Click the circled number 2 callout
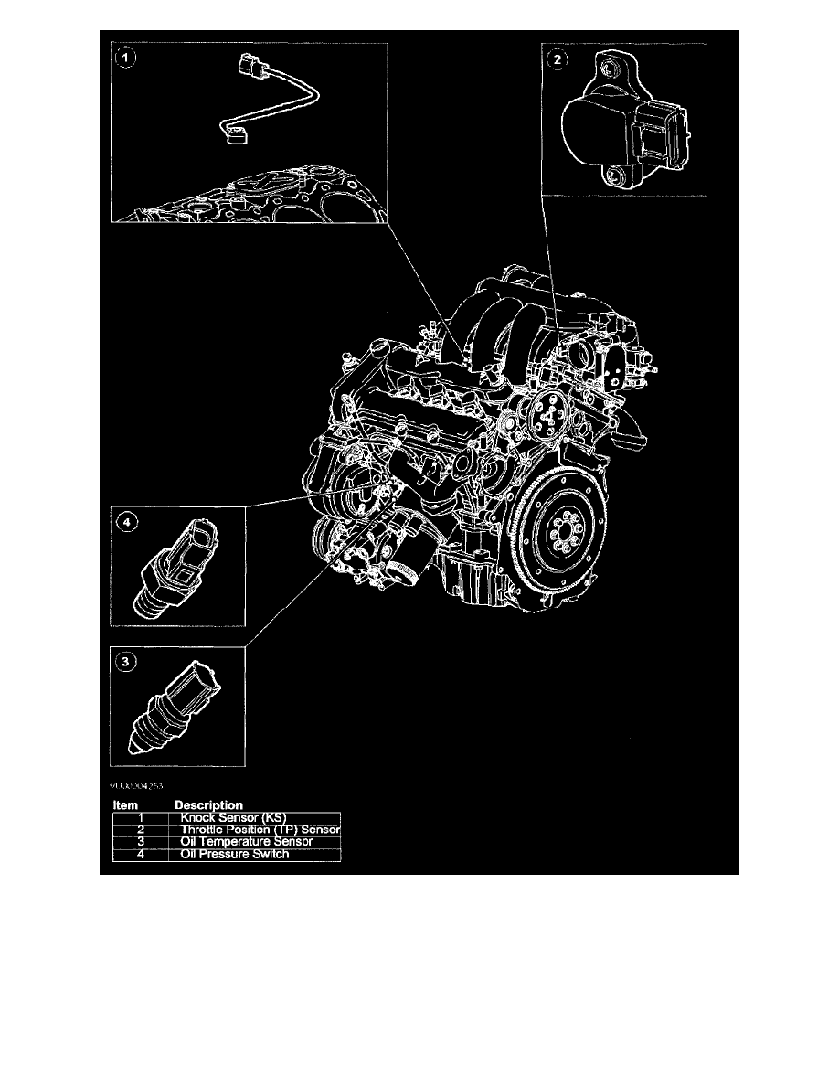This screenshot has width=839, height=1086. coord(557,60)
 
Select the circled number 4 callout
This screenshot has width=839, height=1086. coord(127,522)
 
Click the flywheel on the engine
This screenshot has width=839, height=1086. coord(558,534)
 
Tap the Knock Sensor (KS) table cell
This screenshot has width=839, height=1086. coord(255,818)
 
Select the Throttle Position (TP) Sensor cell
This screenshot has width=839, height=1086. coord(255,830)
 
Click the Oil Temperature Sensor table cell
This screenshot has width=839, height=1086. coord(255,842)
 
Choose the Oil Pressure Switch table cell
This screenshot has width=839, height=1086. coord(255,854)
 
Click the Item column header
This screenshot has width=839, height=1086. coord(125,805)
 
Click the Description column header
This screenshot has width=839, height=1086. coord(208,805)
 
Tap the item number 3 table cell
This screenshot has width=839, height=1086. coord(141,842)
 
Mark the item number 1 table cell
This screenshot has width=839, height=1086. coord(141,818)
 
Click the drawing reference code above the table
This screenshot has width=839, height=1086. coord(137,783)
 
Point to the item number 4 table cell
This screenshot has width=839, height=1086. coord(141,854)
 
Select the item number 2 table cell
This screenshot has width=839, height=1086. coord(141,830)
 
